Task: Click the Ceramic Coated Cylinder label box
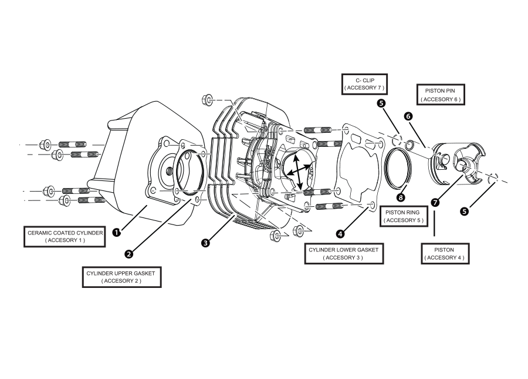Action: pyautogui.click(x=65, y=236)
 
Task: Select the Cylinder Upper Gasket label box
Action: pyautogui.click(x=121, y=277)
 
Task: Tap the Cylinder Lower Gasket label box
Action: pyautogui.click(x=344, y=253)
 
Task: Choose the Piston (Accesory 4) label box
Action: pyautogui.click(x=445, y=253)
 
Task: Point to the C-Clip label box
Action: pyautogui.click(x=364, y=83)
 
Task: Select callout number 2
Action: pyautogui.click(x=128, y=254)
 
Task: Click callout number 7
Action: pyautogui.click(x=435, y=202)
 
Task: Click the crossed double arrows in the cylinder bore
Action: pyautogui.click(x=297, y=172)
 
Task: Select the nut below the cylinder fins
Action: pyautogui.click(x=274, y=236)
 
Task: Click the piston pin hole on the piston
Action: pyautogui.click(x=443, y=157)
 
